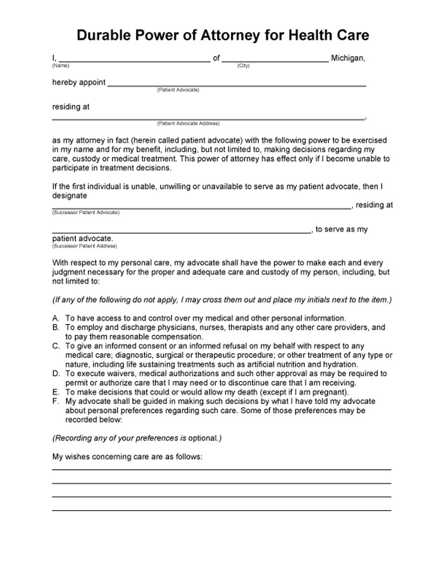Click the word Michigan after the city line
[348, 59]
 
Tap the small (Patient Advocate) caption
[178, 90]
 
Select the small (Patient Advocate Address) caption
[188, 124]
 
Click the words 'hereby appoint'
[78, 82]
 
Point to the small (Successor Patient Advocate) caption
[85, 212]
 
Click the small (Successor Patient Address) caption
[84, 246]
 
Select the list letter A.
[55, 318]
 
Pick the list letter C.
[55, 346]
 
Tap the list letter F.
[55, 401]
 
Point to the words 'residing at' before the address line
[71, 107]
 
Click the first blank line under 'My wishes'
[221, 468]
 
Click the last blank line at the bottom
[221, 510]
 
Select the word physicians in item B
[158, 327]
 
